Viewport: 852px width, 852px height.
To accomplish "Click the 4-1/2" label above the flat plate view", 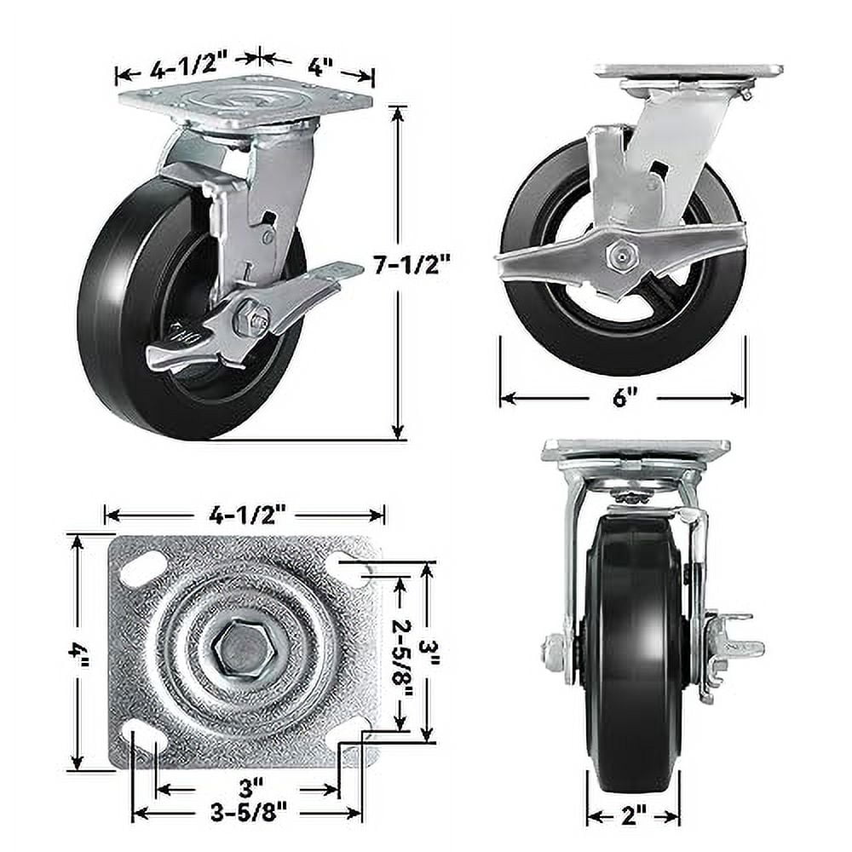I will click(x=245, y=514).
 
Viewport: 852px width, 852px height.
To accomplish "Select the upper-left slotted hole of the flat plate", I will click(x=142, y=568).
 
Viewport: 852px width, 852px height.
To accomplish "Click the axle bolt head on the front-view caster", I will click(x=553, y=652).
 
